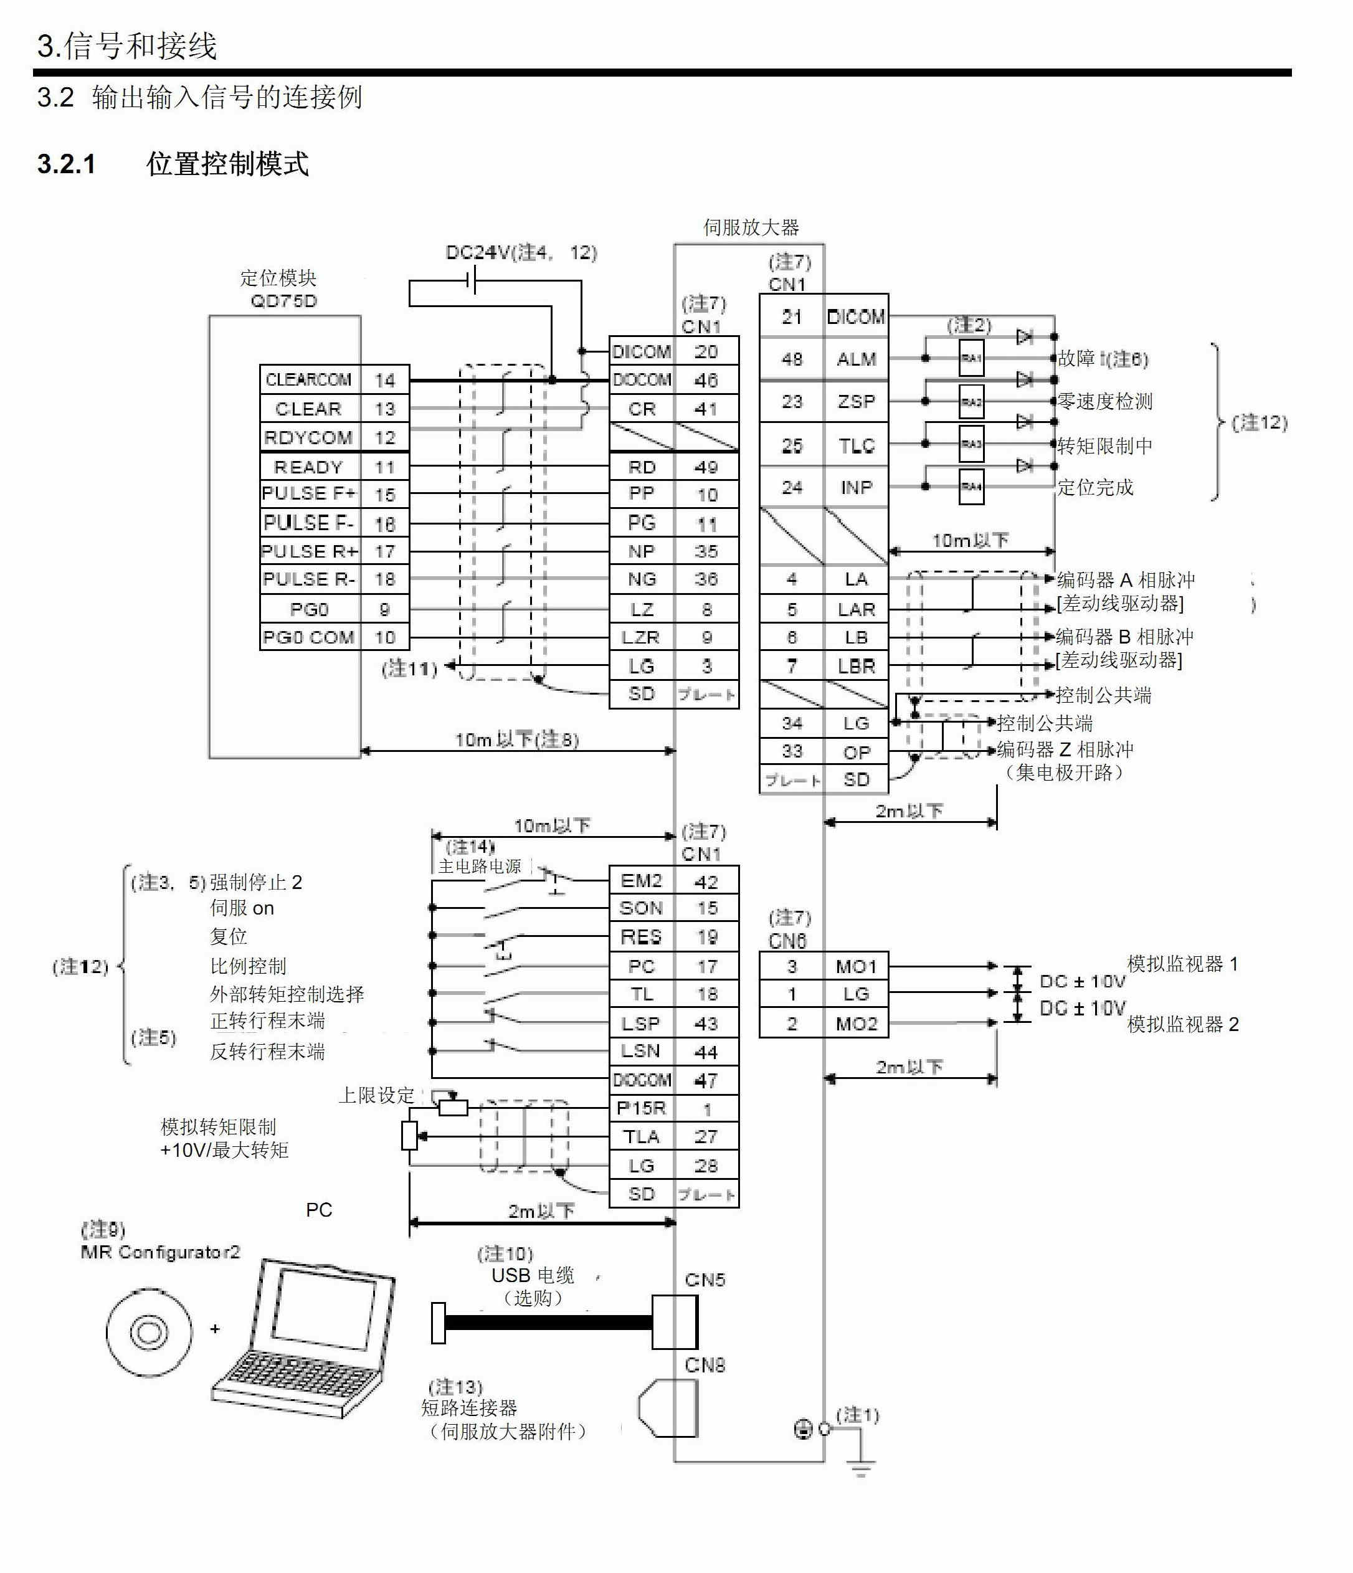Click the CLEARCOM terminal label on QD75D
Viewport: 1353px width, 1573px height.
click(x=308, y=379)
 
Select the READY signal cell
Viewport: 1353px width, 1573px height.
click(x=308, y=466)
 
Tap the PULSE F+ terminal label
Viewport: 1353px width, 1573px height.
click(x=308, y=493)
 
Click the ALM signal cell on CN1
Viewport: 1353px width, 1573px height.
click(x=856, y=358)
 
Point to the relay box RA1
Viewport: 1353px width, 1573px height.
click(x=971, y=358)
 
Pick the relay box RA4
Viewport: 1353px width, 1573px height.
click(x=971, y=487)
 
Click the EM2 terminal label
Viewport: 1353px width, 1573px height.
click(x=641, y=881)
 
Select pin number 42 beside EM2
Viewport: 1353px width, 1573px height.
click(x=706, y=882)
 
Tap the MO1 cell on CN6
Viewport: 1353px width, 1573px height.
click(x=856, y=966)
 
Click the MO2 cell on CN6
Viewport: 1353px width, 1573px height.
click(x=856, y=1024)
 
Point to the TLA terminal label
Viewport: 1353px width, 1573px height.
click(x=641, y=1136)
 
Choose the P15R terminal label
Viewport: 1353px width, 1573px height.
click(x=641, y=1108)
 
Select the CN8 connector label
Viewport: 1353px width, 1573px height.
click(x=705, y=1365)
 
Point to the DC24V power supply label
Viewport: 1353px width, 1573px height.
click(x=521, y=252)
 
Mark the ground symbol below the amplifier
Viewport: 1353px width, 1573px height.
click(x=860, y=1470)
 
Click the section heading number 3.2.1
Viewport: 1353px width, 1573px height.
click(x=67, y=164)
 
